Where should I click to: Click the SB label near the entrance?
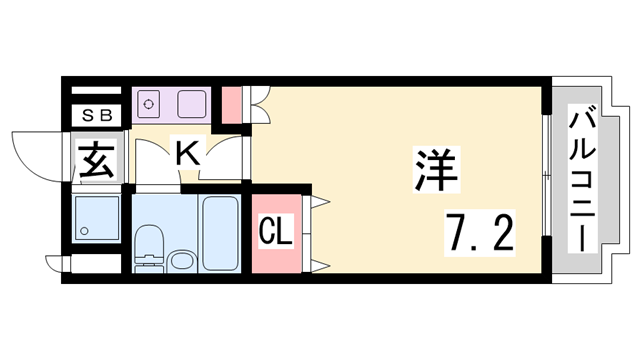click(x=97, y=115)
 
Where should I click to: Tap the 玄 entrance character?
click(x=97, y=160)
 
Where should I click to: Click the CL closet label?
click(x=276, y=233)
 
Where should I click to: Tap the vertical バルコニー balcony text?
click(x=580, y=180)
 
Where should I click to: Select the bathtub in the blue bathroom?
click(x=217, y=232)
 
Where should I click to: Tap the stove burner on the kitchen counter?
click(x=150, y=102)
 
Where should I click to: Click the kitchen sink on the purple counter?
click(x=192, y=102)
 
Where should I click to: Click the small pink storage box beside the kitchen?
click(x=231, y=103)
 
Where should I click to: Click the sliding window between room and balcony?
click(x=545, y=175)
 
